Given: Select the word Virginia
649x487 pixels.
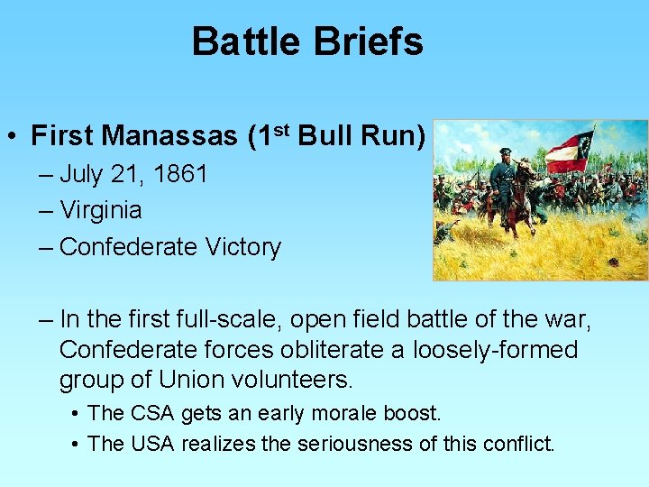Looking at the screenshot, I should pyautogui.click(x=100, y=210).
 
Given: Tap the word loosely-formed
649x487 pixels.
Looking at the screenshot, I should pyautogui.click(x=496, y=349).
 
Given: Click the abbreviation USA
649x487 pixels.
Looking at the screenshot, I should pyautogui.click(x=151, y=443).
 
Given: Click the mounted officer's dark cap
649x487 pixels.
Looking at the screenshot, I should pyautogui.click(x=506, y=152).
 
